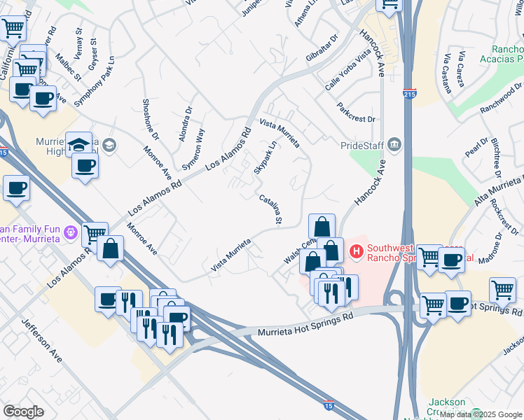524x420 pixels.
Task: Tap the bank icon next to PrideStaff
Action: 394,144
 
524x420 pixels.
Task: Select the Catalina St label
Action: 270,211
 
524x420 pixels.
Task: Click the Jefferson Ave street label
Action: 41,340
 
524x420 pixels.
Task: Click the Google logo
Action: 23,412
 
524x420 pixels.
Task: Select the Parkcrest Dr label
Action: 356,113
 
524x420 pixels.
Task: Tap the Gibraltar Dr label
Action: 322,47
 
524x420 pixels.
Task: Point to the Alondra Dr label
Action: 185,123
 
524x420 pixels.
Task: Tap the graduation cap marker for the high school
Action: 78,144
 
